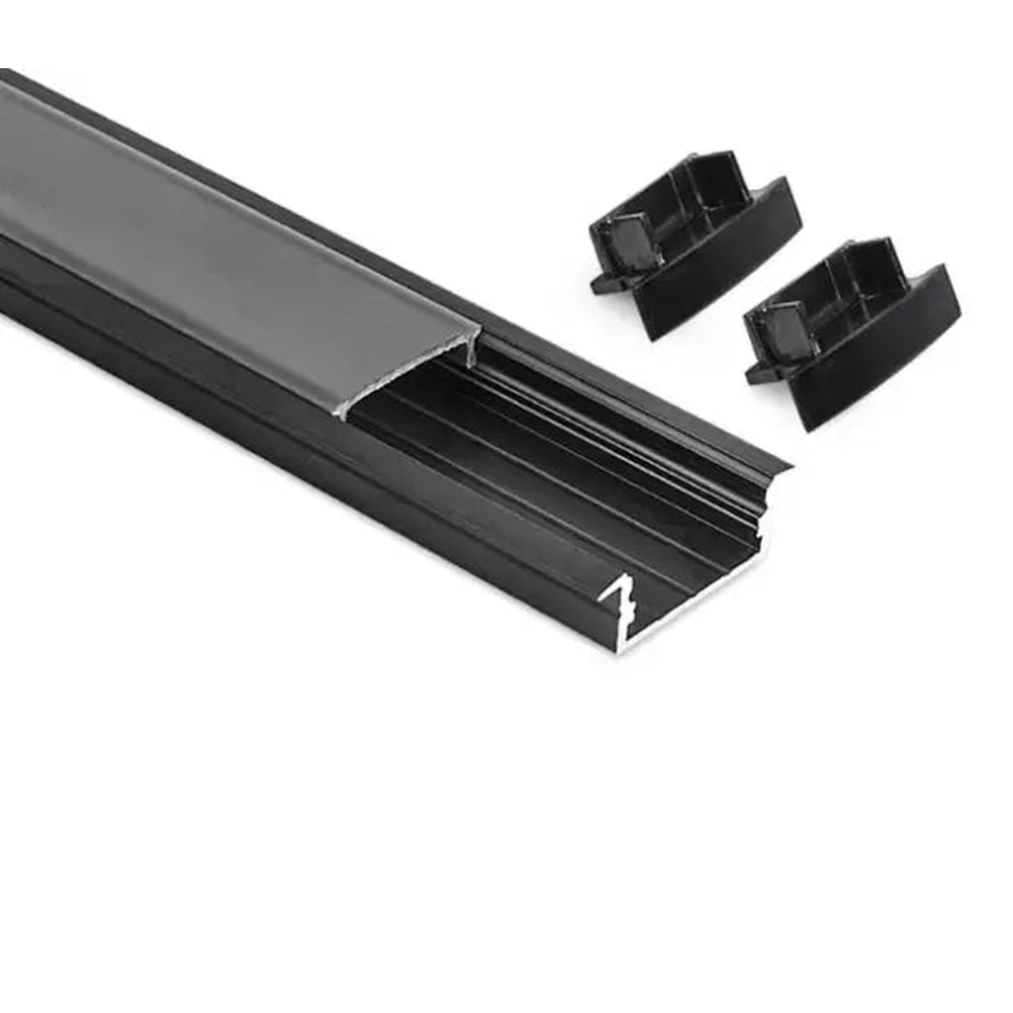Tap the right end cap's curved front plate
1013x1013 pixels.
pos(880,351)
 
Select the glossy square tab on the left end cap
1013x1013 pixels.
pos(630,242)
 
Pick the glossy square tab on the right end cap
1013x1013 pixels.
pos(786,331)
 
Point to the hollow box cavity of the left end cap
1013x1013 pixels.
pos(692,208)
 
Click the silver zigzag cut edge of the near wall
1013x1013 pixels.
pos(618,599)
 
